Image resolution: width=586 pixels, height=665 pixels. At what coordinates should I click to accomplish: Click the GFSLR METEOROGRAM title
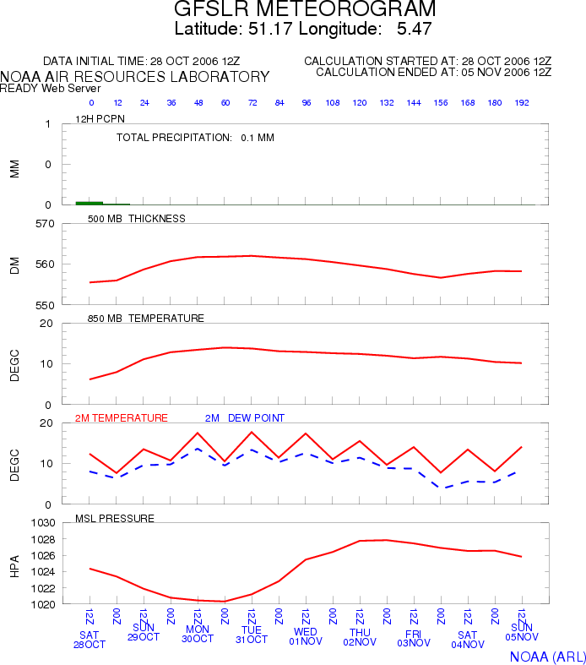[x=305, y=8]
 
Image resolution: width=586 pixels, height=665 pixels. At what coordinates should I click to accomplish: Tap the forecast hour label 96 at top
[x=307, y=102]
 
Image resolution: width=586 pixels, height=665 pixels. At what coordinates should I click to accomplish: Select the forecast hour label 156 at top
[x=441, y=102]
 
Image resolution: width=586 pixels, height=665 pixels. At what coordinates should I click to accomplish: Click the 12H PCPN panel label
[x=100, y=119]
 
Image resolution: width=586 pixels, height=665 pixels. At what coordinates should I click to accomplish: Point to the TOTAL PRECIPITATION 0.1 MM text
[x=195, y=138]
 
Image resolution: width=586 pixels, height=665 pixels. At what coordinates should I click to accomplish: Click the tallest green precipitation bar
[x=89, y=203]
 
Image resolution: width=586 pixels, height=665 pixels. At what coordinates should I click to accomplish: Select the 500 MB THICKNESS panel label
[x=137, y=218]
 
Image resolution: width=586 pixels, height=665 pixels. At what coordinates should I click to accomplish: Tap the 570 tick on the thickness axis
[x=45, y=224]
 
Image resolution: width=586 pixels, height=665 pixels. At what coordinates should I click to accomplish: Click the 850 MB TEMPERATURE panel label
[x=146, y=318]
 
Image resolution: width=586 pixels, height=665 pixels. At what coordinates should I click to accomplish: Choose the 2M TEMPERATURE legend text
[x=122, y=417]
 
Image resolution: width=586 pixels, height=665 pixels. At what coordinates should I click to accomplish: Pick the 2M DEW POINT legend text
[x=245, y=417]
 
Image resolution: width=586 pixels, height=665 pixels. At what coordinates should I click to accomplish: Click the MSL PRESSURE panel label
[x=115, y=518]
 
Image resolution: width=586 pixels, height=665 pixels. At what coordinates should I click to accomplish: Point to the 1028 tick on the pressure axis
[x=43, y=539]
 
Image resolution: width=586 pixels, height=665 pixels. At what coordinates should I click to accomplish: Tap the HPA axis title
[x=15, y=566]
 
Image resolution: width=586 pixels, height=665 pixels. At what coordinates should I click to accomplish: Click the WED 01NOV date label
[x=306, y=636]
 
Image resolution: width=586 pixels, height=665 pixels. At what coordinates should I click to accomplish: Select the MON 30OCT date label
[x=198, y=634]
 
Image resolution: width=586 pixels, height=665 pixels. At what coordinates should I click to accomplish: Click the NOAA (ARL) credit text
[x=548, y=657]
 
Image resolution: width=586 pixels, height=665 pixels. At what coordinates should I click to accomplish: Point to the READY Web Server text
[x=50, y=88]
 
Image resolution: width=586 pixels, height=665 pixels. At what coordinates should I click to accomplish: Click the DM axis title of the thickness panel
[x=15, y=265]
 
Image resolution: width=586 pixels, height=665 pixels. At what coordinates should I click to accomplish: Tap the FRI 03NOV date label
[x=414, y=638]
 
